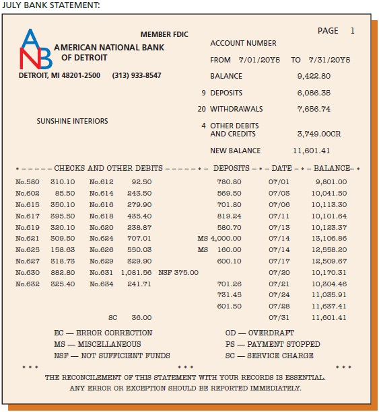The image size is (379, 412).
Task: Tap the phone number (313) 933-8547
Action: [137, 75]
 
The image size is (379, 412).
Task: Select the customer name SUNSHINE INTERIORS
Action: [72, 122]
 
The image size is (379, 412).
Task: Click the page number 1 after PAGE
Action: [352, 31]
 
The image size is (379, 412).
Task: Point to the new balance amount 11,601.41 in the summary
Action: [312, 151]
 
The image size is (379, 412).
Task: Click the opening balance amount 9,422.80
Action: [314, 76]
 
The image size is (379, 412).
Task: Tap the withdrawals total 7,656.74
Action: [314, 109]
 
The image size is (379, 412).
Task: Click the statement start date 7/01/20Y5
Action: [259, 60]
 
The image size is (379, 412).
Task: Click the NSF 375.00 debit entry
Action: [178, 272]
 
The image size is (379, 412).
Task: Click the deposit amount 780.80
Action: [229, 181]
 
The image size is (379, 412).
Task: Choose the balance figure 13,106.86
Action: [329, 238]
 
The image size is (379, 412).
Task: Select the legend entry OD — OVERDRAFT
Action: [256, 333]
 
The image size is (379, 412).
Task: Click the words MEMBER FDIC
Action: [164, 34]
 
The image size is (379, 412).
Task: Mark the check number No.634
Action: [101, 284]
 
